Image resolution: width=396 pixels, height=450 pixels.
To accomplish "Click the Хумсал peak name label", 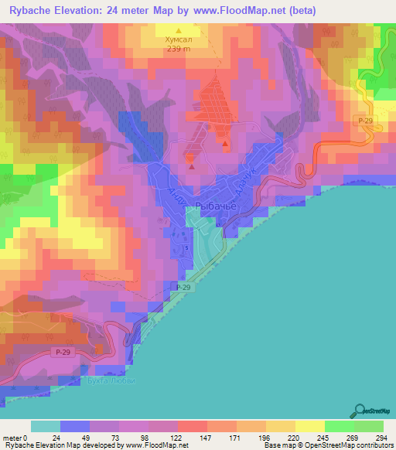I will (178, 36).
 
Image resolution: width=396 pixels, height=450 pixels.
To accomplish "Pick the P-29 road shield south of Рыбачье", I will (183, 287).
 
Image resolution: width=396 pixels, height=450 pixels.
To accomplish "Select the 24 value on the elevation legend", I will (57, 437).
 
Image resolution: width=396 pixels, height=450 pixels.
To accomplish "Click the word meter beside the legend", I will (12, 437).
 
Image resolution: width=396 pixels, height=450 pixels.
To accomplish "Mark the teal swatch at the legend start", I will (45, 426).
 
